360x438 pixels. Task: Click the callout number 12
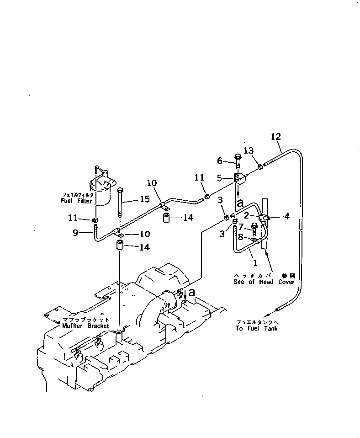pyautogui.click(x=275, y=136)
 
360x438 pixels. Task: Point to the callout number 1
pyautogui.click(x=255, y=263)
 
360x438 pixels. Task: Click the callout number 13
pyautogui.click(x=248, y=150)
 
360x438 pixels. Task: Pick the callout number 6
pyautogui.click(x=219, y=160)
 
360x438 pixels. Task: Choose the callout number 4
pyautogui.click(x=286, y=216)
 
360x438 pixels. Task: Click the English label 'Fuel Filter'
pyautogui.click(x=76, y=201)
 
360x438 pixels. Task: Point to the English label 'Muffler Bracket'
pyautogui.click(x=85, y=326)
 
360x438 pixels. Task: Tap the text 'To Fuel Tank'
pyautogui.click(x=257, y=328)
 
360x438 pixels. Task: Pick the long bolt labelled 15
pyautogui.click(x=120, y=203)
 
